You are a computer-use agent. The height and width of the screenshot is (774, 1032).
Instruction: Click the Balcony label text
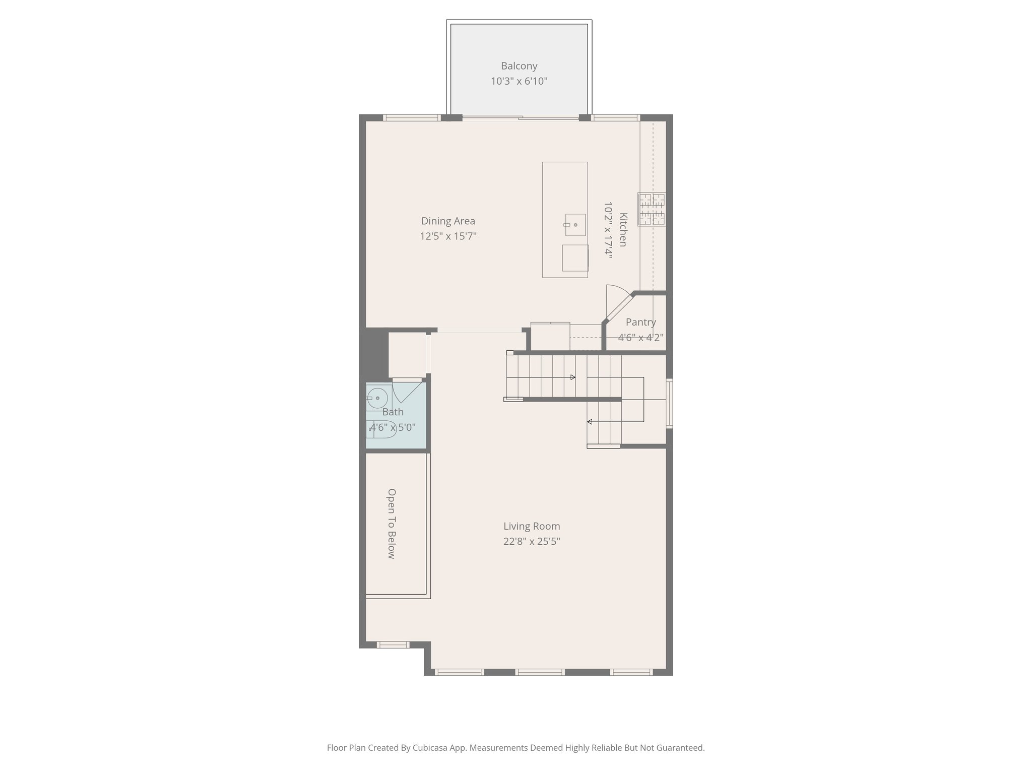pyautogui.click(x=519, y=66)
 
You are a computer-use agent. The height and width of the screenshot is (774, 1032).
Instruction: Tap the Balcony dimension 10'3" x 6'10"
pyautogui.click(x=519, y=81)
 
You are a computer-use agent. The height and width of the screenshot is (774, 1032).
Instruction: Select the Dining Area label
pyautogui.click(x=448, y=221)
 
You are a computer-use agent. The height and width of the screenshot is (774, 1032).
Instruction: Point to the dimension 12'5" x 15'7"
pyautogui.click(x=448, y=236)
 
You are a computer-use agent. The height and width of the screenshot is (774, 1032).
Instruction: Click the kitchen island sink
pyautogui.click(x=575, y=225)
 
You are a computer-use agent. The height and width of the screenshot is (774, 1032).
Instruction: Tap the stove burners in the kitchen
pyautogui.click(x=652, y=209)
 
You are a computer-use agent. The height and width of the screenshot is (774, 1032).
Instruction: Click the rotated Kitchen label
pyautogui.click(x=623, y=230)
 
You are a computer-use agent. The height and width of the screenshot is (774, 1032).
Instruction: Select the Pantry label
pyautogui.click(x=640, y=322)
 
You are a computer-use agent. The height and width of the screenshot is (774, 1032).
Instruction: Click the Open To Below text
pyautogui.click(x=392, y=524)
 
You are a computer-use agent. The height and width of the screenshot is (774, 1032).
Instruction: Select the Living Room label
pyautogui.click(x=532, y=527)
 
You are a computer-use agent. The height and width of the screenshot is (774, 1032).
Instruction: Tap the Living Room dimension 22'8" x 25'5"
pyautogui.click(x=532, y=542)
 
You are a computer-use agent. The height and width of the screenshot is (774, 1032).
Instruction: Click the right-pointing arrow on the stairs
pyautogui.click(x=572, y=377)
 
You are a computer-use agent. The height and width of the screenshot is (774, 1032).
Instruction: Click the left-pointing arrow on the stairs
pyautogui.click(x=590, y=422)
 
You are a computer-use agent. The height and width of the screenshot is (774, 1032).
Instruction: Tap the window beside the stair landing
pyautogui.click(x=669, y=403)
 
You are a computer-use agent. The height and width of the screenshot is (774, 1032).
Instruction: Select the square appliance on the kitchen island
pyautogui.click(x=575, y=258)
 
